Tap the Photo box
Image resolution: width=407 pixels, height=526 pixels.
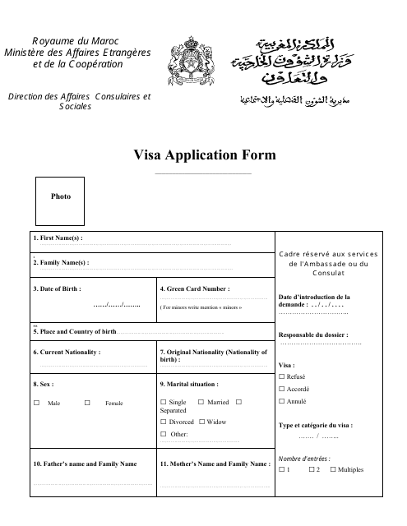coord(61,196)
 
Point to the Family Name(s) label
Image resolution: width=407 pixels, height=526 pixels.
coord(61,263)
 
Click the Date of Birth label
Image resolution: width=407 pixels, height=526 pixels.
coord(58,288)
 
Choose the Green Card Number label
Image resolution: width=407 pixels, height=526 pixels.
coord(195,288)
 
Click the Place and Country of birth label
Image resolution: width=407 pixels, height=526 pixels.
coord(75,330)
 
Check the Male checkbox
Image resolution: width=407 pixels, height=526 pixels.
coord(36,403)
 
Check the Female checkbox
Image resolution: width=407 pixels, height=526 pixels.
coord(87,403)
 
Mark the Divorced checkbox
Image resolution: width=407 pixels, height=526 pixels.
coord(164,422)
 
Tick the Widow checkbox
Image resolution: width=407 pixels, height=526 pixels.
coord(201,422)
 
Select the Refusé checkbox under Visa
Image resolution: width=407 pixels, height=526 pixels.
coord(282,376)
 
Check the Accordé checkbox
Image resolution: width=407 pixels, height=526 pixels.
coord(282,388)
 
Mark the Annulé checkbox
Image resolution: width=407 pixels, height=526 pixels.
coord(282,400)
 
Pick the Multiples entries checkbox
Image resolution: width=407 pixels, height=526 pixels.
coord(333,469)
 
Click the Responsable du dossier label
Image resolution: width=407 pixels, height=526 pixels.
coord(313,335)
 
